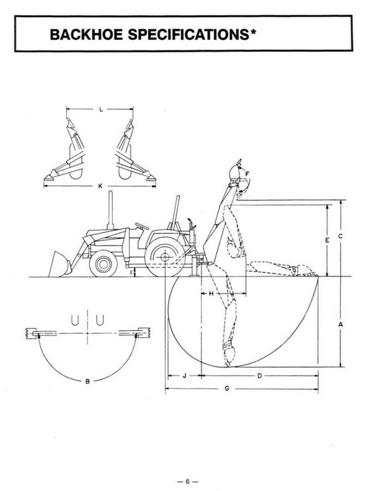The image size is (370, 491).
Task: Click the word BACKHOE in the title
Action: [86, 34]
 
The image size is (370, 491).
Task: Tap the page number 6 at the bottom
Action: [187, 482]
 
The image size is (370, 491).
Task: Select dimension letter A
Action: [340, 325]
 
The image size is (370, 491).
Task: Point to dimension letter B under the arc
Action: [88, 381]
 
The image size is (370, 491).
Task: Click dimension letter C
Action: [340, 237]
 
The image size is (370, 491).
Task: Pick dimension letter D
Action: [260, 376]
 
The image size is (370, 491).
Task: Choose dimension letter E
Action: [327, 240]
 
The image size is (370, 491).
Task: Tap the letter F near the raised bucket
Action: [247, 174]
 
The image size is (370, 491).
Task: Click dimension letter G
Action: [227, 389]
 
